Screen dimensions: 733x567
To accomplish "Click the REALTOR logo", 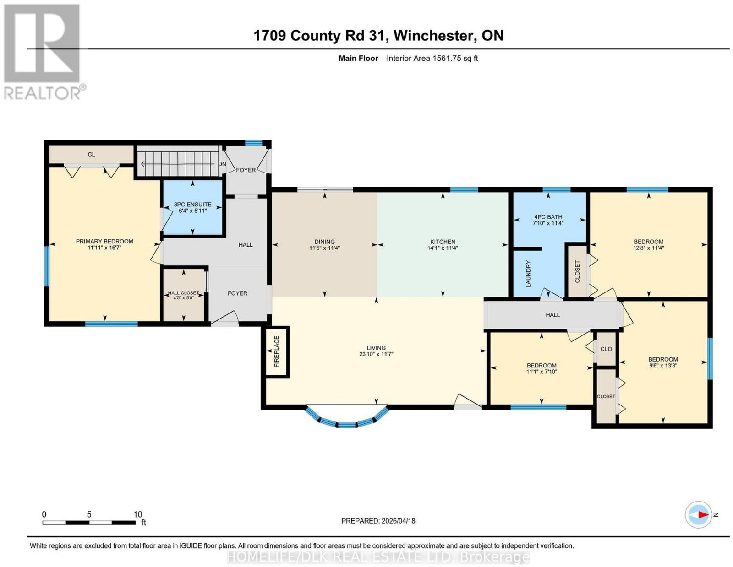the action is (44, 52).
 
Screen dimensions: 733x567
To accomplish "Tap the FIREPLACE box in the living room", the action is (277, 352).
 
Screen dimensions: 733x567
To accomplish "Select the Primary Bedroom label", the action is (104, 241).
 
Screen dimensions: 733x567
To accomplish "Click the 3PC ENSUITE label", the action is (192, 204).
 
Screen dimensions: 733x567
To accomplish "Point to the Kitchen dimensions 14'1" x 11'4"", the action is (443, 248).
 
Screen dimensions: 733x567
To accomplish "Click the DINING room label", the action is (324, 242).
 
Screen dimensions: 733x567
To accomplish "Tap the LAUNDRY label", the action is (528, 274).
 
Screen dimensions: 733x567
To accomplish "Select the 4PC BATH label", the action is (548, 216).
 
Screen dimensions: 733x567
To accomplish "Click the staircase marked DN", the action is (179, 164).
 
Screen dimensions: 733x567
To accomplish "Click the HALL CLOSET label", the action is (184, 293).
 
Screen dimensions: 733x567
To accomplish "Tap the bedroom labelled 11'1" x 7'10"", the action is (542, 368).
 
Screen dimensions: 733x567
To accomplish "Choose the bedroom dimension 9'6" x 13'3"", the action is (663, 365).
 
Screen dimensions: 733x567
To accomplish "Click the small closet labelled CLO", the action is (606, 349).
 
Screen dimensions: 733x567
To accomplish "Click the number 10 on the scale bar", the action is (137, 514).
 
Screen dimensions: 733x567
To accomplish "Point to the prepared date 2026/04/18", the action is (399, 520).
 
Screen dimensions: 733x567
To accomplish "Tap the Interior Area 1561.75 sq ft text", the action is (432, 58).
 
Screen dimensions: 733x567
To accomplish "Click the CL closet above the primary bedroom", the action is (92, 154).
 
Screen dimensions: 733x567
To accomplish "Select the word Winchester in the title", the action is (433, 35).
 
